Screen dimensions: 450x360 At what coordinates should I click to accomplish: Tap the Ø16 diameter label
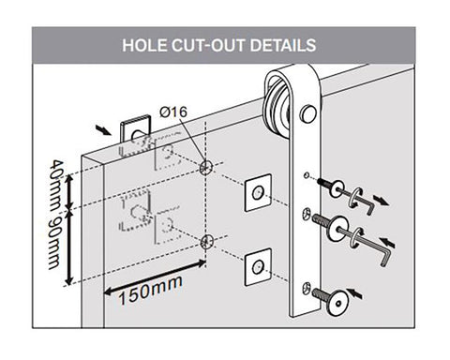[x=173, y=112]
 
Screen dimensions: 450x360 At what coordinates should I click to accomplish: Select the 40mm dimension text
[x=56, y=183]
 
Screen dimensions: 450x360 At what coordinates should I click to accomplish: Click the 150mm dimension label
[x=150, y=291]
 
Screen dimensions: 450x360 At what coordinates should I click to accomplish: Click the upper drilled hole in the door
[x=205, y=167]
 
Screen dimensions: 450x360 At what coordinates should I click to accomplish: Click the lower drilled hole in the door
[x=206, y=241]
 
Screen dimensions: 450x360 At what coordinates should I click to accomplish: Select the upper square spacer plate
[x=258, y=192]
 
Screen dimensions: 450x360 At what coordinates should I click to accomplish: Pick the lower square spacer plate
[x=258, y=267]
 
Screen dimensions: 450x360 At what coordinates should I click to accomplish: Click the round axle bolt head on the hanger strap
[x=308, y=113]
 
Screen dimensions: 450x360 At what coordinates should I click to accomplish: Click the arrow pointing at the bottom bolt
[x=354, y=293]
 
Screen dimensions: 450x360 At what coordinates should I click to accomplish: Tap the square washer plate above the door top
[x=135, y=131]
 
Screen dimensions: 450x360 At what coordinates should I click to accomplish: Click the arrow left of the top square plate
[x=103, y=130]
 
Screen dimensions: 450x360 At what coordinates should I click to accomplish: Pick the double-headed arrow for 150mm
[x=155, y=277]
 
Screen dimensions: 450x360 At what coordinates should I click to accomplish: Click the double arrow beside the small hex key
[x=381, y=201]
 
